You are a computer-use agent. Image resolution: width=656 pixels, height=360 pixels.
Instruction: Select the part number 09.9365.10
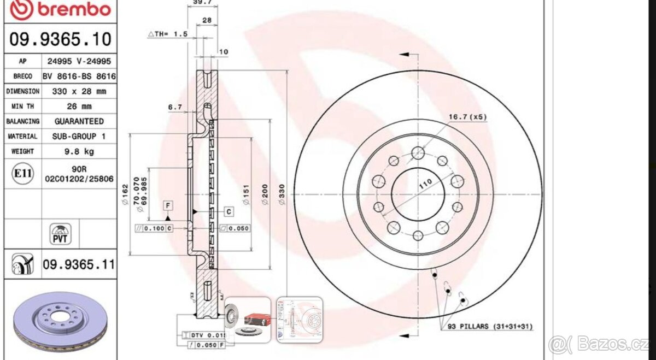(60, 39)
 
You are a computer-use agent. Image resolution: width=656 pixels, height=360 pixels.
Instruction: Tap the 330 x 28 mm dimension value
(79, 91)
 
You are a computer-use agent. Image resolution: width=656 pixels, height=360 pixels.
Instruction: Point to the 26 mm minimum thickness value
(79, 106)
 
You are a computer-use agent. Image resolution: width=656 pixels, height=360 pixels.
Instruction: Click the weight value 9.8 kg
(79, 151)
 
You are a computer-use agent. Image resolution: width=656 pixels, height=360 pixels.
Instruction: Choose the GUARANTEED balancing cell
(79, 121)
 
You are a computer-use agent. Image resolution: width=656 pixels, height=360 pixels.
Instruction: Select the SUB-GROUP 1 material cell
(79, 136)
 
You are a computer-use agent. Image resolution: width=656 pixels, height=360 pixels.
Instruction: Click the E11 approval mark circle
(23, 174)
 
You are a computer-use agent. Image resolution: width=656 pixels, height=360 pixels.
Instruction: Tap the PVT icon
(61, 234)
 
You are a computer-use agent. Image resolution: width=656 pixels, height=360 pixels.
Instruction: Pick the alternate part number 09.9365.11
(79, 265)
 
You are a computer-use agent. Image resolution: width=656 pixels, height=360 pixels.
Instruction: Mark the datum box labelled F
(169, 206)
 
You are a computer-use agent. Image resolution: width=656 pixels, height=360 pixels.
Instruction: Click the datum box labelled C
(229, 211)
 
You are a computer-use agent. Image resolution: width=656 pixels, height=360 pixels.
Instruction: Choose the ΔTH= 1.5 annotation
(168, 34)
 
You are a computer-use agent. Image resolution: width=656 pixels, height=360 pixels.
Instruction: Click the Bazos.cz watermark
(601, 345)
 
